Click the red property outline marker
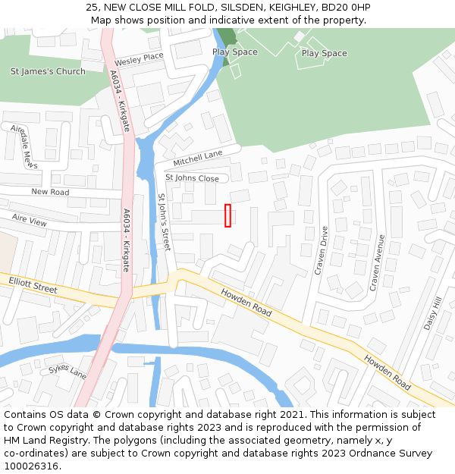227,215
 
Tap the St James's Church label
48,71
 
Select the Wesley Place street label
139,58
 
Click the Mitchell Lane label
197,159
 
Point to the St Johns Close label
192,178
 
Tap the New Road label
50,192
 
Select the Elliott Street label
33,285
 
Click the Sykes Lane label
67,371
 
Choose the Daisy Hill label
431,314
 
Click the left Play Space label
234,52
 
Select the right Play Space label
324,53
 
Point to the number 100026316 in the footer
31,466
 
